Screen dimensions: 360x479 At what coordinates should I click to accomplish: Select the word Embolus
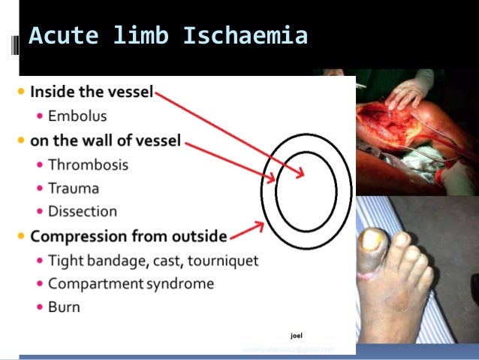(x=77, y=116)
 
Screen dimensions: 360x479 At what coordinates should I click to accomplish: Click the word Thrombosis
(x=88, y=164)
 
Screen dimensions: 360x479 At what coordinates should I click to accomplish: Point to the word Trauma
(x=74, y=188)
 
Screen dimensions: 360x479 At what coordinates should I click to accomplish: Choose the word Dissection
(x=83, y=211)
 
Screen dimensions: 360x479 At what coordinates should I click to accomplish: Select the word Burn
(x=64, y=307)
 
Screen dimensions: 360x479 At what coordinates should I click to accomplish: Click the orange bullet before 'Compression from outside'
(x=20, y=237)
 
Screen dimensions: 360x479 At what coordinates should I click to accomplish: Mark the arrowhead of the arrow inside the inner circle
(x=300, y=174)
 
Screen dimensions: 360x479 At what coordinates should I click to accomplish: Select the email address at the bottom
(x=288, y=349)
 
